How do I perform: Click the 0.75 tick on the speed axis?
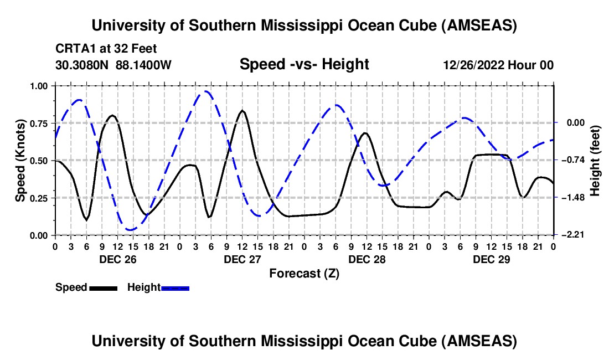(x=42, y=123)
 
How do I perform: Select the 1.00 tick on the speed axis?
(x=42, y=86)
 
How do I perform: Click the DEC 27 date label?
(x=242, y=259)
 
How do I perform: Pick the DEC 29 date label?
(x=491, y=259)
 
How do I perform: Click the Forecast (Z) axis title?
(x=304, y=273)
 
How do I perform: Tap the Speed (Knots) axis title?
(x=20, y=161)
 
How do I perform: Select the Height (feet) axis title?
(x=595, y=161)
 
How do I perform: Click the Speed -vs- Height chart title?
(x=304, y=64)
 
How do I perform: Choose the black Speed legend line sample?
(x=103, y=287)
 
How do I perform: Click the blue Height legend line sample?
(x=175, y=287)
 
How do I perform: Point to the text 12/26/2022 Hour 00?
(x=498, y=65)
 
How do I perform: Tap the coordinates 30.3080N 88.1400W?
(x=113, y=65)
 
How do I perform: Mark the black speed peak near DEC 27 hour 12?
(x=242, y=111)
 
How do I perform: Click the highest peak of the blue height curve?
(x=207, y=91)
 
